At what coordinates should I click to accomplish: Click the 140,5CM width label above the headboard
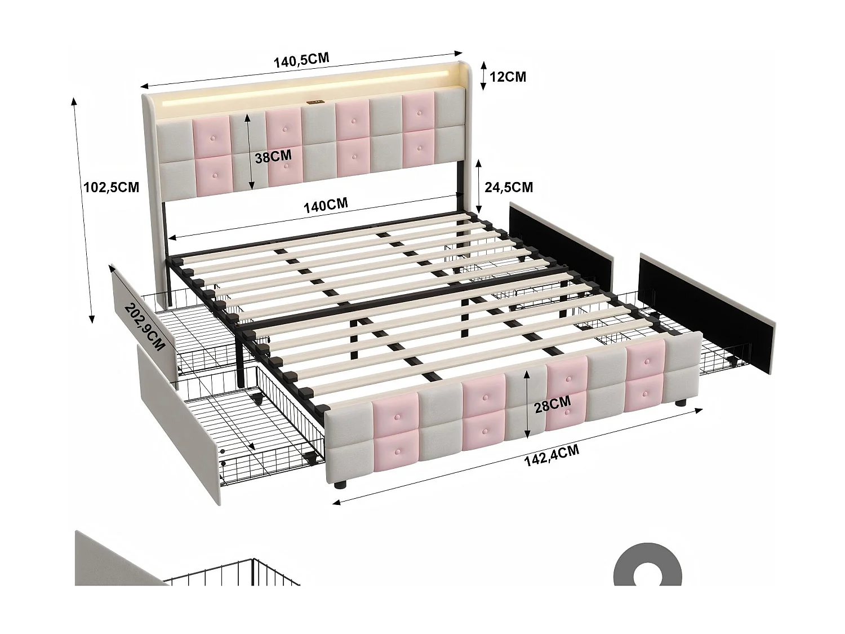point(301,60)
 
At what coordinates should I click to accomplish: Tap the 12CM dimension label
point(508,77)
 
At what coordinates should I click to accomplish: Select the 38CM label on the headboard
point(273,157)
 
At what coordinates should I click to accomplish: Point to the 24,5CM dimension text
point(505,187)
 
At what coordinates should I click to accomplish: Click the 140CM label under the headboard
point(326,205)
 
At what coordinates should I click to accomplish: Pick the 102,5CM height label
point(111,187)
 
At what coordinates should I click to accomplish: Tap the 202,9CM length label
point(145,327)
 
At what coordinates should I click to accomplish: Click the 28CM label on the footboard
point(553,404)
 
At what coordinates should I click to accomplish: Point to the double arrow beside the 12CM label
point(483,76)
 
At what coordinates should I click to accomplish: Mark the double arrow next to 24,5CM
point(478,184)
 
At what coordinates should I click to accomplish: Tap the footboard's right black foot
point(680,403)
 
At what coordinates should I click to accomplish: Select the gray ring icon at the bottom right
point(647,565)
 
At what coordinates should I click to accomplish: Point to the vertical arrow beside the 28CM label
point(526,404)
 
